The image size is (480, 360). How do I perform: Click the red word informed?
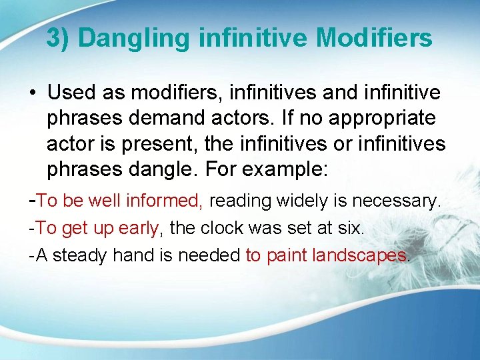click(x=170, y=200)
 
